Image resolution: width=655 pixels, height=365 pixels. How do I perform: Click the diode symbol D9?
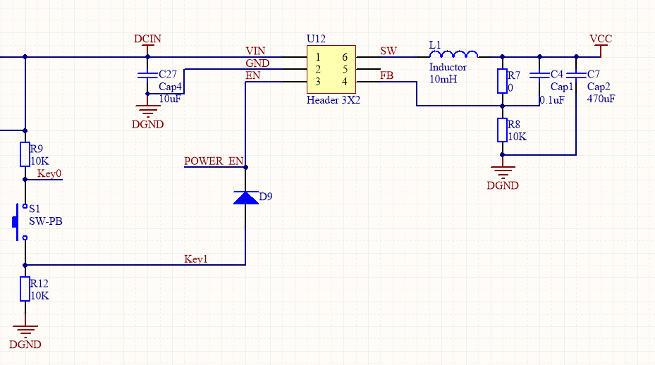pos(245,197)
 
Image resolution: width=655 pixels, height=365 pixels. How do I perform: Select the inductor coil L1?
pos(454,54)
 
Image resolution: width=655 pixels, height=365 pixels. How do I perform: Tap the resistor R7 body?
pos(502,81)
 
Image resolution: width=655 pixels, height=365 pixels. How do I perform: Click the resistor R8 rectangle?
pos(502,130)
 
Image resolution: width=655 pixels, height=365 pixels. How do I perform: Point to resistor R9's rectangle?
pos(25,155)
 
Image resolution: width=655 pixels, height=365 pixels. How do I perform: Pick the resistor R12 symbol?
pos(25,289)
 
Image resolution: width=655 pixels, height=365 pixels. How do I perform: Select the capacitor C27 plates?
pos(147,74)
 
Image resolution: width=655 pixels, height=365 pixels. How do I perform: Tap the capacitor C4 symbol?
pos(539,74)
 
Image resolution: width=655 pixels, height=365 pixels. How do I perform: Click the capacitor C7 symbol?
pos(576,74)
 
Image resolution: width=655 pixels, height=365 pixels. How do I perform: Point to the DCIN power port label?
pos(147,39)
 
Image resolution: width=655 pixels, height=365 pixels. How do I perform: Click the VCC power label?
pos(601,39)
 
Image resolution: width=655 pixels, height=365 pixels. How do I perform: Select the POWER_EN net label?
pos(213,161)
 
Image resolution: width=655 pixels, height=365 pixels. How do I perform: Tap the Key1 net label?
pos(196,259)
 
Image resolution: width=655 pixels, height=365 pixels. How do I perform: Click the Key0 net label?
pos(49,174)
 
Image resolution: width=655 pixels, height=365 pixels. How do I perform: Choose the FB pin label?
pos(386,75)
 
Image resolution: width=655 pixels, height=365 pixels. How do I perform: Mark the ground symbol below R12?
pos(25,330)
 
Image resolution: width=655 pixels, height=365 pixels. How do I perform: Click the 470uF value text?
pos(601,99)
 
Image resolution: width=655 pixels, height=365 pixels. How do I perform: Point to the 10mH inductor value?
pos(443,79)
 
